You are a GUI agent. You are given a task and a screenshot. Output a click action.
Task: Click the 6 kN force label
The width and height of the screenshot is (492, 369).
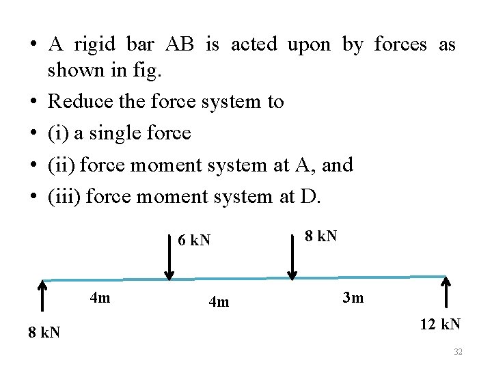[194, 241]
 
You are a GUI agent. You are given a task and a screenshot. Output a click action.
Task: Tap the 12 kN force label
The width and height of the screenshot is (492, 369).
[440, 324]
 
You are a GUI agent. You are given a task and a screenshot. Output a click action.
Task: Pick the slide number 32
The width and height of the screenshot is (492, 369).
[459, 352]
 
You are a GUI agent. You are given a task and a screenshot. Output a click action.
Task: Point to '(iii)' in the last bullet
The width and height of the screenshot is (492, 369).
[64, 197]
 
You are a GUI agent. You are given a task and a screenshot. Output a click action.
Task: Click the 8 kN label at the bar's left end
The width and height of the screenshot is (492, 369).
[44, 333]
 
